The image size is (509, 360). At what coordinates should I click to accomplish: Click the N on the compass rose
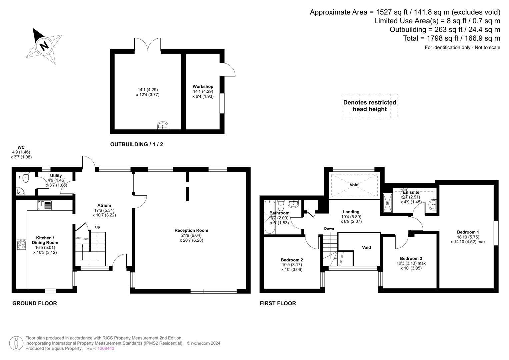44,46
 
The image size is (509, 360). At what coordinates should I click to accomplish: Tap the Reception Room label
191,230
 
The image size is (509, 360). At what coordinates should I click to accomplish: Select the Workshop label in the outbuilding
203,86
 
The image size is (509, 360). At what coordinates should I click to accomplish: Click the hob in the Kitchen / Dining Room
22,244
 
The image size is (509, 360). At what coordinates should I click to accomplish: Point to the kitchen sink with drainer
44,205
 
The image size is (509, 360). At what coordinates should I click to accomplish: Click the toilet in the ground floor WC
26,177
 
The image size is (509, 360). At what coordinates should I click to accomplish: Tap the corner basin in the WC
20,191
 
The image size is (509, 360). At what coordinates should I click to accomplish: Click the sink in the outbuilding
163,125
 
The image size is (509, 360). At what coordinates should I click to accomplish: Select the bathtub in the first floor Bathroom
270,217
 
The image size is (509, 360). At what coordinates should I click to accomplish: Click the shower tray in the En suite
388,203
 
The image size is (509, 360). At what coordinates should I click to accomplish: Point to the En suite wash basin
432,205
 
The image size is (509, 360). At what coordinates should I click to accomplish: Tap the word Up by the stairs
97,227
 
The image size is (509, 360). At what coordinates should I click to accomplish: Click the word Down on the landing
329,228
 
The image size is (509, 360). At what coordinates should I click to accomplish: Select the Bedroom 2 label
292,260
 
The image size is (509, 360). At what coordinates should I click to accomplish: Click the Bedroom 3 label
411,258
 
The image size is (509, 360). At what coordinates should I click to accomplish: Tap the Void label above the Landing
354,185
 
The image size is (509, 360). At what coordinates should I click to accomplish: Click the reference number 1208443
106,348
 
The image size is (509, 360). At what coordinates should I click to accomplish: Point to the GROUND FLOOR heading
35,303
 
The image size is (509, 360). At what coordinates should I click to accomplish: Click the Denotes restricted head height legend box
370,106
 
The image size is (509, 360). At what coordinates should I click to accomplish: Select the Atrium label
104,205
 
